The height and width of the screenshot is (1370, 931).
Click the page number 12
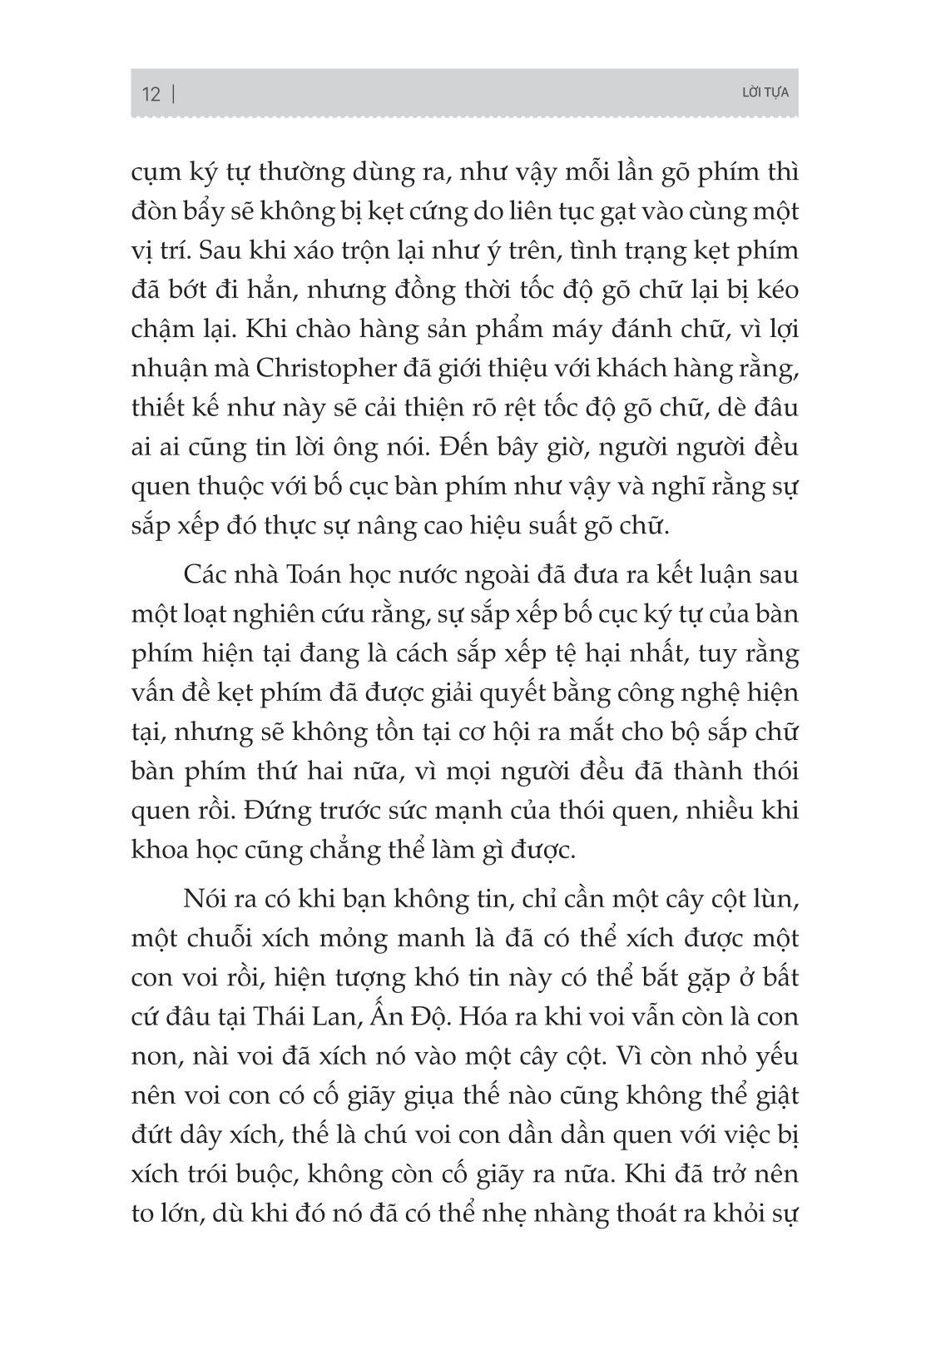click(151, 93)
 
